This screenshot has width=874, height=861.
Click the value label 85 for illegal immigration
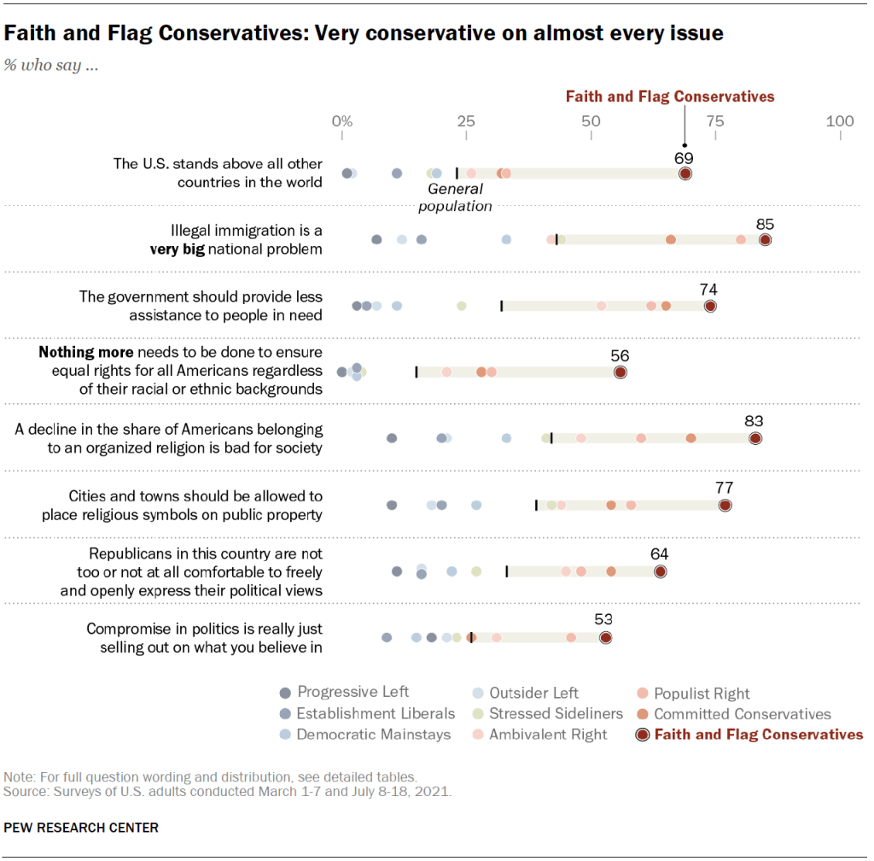click(x=765, y=224)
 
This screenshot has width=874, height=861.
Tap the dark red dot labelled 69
click(x=685, y=173)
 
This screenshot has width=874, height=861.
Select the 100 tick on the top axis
click(x=840, y=121)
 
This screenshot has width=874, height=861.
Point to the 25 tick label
click(x=466, y=121)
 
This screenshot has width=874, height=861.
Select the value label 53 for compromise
click(x=604, y=620)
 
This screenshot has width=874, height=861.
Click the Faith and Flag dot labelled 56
click(x=621, y=372)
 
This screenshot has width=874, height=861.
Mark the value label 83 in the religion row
click(x=754, y=421)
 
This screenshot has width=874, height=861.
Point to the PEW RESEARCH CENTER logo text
click(x=82, y=828)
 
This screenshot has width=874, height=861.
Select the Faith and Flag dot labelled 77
click(x=725, y=505)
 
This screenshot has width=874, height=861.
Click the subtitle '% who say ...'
click(x=50, y=66)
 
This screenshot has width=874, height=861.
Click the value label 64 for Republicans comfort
click(x=659, y=554)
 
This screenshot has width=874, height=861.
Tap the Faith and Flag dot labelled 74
click(x=709, y=306)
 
